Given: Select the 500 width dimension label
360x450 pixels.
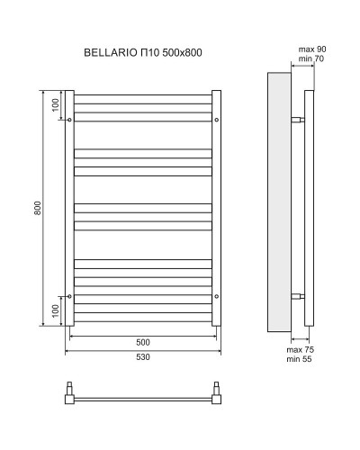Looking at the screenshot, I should click(x=143, y=342).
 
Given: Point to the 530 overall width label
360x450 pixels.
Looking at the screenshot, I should click(x=143, y=357).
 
